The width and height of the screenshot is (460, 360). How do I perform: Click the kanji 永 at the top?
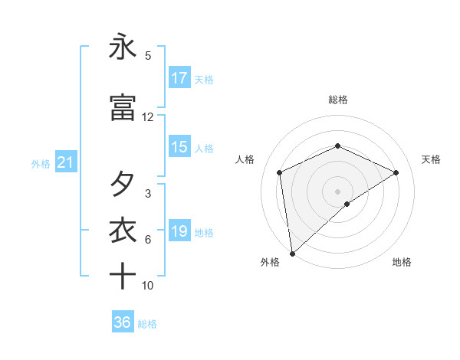pos(123,47)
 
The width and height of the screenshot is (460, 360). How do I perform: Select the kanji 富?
pos(123,109)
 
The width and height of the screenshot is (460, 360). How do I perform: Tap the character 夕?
pos(123,185)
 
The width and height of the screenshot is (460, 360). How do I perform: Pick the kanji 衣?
pos(123,231)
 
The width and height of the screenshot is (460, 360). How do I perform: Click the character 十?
pos(123,276)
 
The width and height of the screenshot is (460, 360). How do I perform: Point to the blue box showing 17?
pos(179,77)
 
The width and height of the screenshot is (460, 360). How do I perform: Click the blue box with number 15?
pos(179,147)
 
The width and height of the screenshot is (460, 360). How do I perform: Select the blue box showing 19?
pos(179,231)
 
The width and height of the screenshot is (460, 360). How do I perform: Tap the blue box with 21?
pos(65,162)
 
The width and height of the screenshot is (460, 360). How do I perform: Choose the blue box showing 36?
pos(123,322)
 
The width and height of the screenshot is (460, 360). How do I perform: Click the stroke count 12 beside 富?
pos(148,117)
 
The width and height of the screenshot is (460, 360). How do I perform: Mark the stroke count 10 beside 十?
pos(148,285)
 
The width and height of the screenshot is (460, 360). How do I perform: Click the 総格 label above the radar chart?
pos(338,100)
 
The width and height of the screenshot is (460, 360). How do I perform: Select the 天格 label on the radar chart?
pos(432,159)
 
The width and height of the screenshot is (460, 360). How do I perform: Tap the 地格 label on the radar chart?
pos(402,262)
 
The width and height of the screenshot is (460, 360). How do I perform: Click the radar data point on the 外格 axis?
pos(291,254)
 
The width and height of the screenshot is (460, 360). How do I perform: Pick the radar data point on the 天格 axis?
pos(396,172)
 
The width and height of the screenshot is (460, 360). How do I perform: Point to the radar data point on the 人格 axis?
pos(280,172)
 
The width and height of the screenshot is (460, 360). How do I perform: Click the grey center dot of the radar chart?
pos(338,191)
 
